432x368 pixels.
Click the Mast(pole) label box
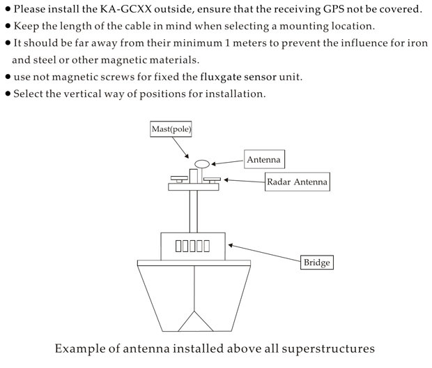coord(171,129)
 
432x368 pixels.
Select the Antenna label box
coord(264,160)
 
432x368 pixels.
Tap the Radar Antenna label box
coord(296,183)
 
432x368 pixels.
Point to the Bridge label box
coord(316,263)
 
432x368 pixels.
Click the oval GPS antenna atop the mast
coord(202,164)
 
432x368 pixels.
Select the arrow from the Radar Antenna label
coord(243,182)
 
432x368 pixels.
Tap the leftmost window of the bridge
coord(178,246)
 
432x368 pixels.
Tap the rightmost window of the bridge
coord(206,246)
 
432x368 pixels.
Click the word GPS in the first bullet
coord(335,10)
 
